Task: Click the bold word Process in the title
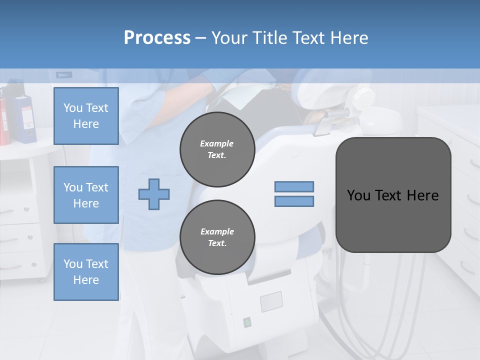(157, 38)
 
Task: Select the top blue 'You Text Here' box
(86, 116)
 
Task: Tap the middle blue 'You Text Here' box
(86, 195)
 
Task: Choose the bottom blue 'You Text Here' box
(86, 272)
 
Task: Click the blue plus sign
(154, 194)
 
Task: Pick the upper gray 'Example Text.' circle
(217, 149)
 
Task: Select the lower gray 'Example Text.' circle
(217, 237)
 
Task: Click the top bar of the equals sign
(294, 187)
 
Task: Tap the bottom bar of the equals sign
(294, 201)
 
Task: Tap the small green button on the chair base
(247, 322)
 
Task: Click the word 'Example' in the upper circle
(217, 144)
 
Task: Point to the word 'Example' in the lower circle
(217, 232)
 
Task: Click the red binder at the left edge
(4, 120)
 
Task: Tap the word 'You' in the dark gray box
(358, 195)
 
